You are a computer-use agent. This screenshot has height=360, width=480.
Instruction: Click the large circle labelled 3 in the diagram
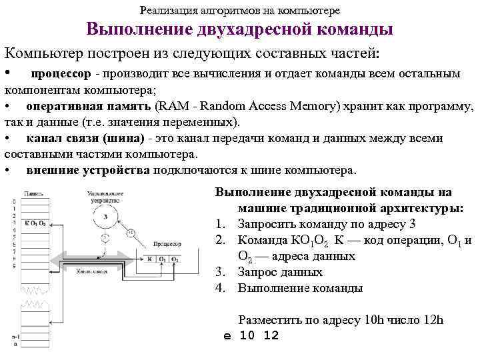(x=105, y=217)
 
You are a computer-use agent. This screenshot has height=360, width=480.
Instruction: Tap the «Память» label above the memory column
(x=34, y=193)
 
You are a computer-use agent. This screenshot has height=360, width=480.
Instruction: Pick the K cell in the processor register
(x=150, y=259)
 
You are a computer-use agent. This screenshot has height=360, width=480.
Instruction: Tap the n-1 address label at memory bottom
(x=15, y=337)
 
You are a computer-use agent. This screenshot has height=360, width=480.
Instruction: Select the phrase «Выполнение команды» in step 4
(x=300, y=288)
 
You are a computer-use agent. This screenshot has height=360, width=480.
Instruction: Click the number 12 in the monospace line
(x=271, y=335)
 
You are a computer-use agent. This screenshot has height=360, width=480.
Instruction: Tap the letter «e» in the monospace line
(x=227, y=335)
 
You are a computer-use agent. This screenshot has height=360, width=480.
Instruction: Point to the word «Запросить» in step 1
(x=265, y=224)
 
